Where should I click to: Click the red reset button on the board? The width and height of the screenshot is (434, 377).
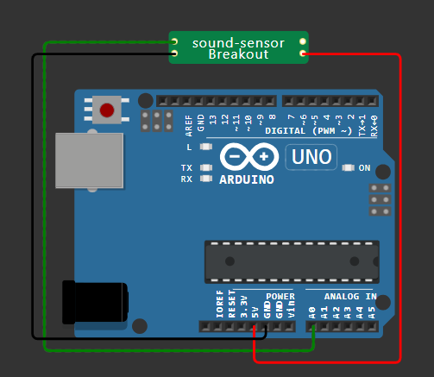(x=107, y=110)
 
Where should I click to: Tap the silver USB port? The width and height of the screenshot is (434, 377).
(x=89, y=160)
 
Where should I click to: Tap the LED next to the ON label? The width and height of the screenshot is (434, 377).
(x=349, y=167)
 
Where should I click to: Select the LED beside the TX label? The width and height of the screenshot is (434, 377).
(x=205, y=167)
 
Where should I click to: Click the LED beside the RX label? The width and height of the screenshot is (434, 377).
(x=205, y=179)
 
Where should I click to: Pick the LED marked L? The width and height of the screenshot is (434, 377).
(x=205, y=148)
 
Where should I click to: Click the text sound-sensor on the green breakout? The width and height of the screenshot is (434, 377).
(x=237, y=42)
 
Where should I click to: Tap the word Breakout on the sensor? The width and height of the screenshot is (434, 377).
(x=238, y=54)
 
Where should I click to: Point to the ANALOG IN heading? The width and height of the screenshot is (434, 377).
(x=349, y=296)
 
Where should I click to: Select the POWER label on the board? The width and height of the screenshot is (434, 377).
(x=280, y=296)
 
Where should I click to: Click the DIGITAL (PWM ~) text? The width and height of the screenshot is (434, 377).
(x=308, y=131)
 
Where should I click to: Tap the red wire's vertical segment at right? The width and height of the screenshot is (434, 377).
(x=401, y=207)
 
